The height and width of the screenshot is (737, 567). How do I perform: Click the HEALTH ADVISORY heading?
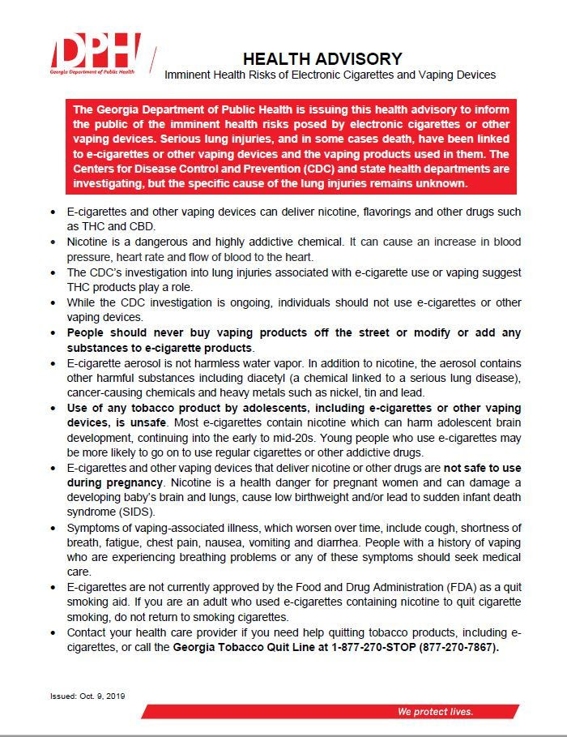tap(322, 58)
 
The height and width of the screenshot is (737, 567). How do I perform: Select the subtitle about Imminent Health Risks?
tap(330, 75)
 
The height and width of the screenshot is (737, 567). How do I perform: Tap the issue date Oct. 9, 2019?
tap(104, 696)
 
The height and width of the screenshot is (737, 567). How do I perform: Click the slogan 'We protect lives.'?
tap(435, 711)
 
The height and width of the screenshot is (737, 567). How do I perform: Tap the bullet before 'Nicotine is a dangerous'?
tap(53, 242)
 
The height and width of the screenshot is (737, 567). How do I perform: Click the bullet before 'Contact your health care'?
tap(53, 632)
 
